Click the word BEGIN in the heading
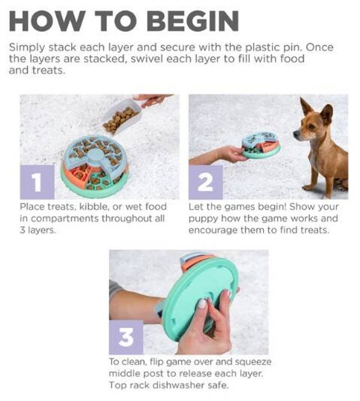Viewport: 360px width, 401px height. coord(193,21)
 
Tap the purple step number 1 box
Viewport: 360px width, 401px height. coord(37,182)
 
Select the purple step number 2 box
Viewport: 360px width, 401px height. coord(206,182)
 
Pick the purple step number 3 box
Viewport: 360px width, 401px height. coord(126,337)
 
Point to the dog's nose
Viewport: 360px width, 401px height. coord(295,133)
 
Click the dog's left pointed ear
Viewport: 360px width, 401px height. coord(306,106)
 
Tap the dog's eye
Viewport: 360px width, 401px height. coord(311,126)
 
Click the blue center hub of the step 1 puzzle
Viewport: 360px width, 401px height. coord(95,155)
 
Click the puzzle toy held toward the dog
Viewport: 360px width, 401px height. coord(261,145)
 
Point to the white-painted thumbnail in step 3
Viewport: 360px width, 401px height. coord(202,304)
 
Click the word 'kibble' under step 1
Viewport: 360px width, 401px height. coord(94,207)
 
